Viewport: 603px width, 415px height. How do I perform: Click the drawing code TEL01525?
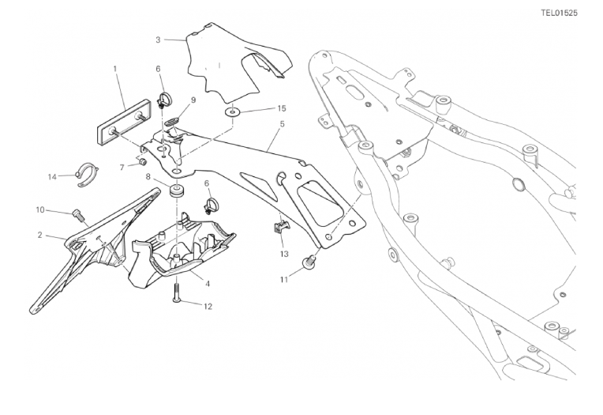click(559, 13)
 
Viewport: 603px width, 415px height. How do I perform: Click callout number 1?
click(115, 69)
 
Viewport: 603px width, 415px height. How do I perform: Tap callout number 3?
click(158, 40)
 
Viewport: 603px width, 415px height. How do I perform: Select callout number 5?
click(282, 124)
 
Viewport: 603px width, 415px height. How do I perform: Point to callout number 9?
click(193, 100)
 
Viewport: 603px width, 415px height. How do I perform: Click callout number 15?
click(282, 108)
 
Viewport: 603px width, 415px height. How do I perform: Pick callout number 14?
click(52, 177)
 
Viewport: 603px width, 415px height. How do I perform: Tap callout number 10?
click(40, 210)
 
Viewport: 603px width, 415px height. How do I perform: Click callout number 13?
click(284, 254)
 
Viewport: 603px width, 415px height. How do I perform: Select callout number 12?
click(208, 307)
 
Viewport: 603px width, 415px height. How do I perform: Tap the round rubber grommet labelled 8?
click(177, 191)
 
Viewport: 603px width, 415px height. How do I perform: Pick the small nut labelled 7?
click(142, 162)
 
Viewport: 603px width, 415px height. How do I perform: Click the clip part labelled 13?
click(282, 228)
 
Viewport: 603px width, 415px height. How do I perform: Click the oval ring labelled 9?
click(170, 122)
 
